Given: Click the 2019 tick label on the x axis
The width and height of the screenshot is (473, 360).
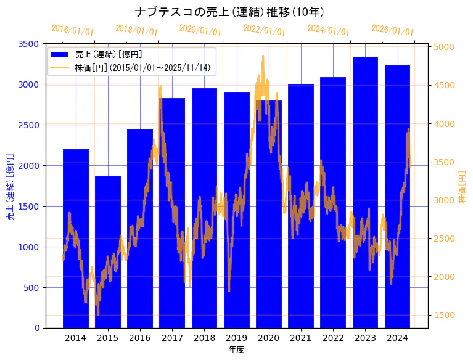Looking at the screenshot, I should tap(237, 338).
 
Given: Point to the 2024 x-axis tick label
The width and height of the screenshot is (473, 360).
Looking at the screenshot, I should tap(397, 338).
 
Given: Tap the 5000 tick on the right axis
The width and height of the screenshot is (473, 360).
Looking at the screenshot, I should tap(445, 47).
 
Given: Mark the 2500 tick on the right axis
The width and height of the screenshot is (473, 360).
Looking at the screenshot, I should tap(445, 239).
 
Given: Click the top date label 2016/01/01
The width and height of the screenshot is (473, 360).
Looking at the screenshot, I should tap(73, 30).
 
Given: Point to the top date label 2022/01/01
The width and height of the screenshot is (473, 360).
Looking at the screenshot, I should tap(265, 30).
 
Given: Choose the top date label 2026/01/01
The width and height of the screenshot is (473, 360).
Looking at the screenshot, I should tap(393, 30).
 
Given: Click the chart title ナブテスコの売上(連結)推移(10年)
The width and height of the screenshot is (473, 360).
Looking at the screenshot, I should tap(229, 12).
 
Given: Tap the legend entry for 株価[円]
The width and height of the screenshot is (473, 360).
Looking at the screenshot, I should tap(142, 67).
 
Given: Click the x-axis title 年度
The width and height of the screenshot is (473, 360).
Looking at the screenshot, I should tap(236, 350).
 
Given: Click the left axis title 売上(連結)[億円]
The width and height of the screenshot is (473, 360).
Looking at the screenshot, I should tap(10, 186).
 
